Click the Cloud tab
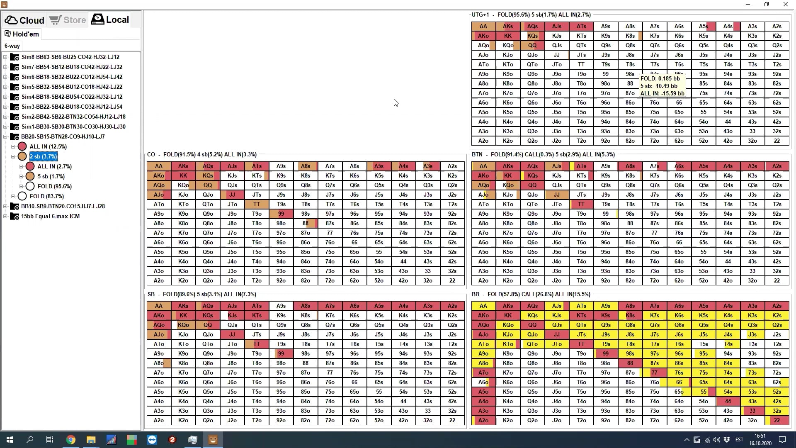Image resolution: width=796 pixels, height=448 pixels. click(24, 20)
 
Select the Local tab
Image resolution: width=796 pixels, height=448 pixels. click(110, 19)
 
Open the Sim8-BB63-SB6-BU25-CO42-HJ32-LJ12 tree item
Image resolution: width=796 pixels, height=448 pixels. click(70, 57)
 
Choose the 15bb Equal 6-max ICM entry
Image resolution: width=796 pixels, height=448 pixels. click(50, 216)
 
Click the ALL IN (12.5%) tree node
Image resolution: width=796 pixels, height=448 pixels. click(48, 146)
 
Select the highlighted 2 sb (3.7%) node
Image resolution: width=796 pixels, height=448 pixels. click(43, 156)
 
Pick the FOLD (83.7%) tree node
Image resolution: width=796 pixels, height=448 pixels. click(46, 196)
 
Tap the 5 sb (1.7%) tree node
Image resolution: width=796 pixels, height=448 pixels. click(51, 176)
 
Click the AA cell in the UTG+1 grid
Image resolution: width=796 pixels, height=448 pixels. click(483, 26)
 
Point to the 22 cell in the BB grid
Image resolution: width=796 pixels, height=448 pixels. click(777, 420)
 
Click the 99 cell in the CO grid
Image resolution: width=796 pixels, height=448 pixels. click(281, 214)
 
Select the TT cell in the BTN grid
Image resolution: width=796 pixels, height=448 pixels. click(581, 204)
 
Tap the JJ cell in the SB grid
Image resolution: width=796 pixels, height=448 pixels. click(232, 334)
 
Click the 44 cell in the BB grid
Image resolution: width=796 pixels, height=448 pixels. click(728, 401)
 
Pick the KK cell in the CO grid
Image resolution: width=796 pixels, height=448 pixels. click(183, 175)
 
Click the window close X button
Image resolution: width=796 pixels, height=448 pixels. click(785, 4)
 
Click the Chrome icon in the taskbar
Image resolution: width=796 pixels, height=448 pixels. click(71, 440)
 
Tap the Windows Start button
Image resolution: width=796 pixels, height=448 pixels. click(10, 440)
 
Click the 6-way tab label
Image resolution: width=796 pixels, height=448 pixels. click(12, 46)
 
